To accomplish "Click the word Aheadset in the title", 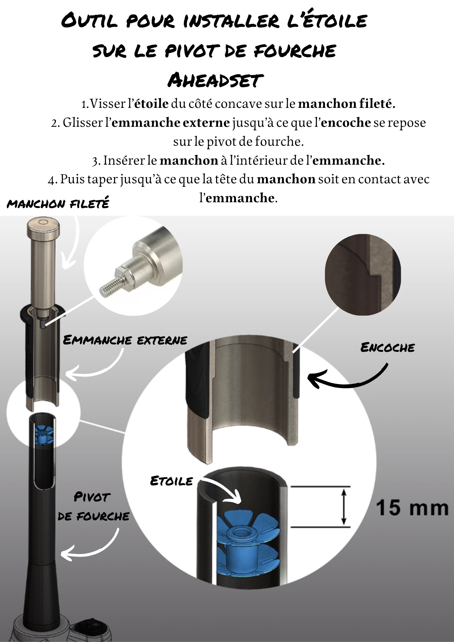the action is pos(215,80).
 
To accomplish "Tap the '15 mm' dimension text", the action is pos(412,508).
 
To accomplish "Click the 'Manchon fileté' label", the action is pos(58,203).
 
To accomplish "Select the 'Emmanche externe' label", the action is pos(125,340).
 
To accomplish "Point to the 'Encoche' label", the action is pos(388,347).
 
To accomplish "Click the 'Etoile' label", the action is pos(171,481).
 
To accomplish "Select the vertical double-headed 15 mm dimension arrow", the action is pos(344,507).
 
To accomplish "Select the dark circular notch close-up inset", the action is pos(363,274).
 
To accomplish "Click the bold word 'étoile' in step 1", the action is pos(151,104).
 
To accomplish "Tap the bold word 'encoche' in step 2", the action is pos(346,123).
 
